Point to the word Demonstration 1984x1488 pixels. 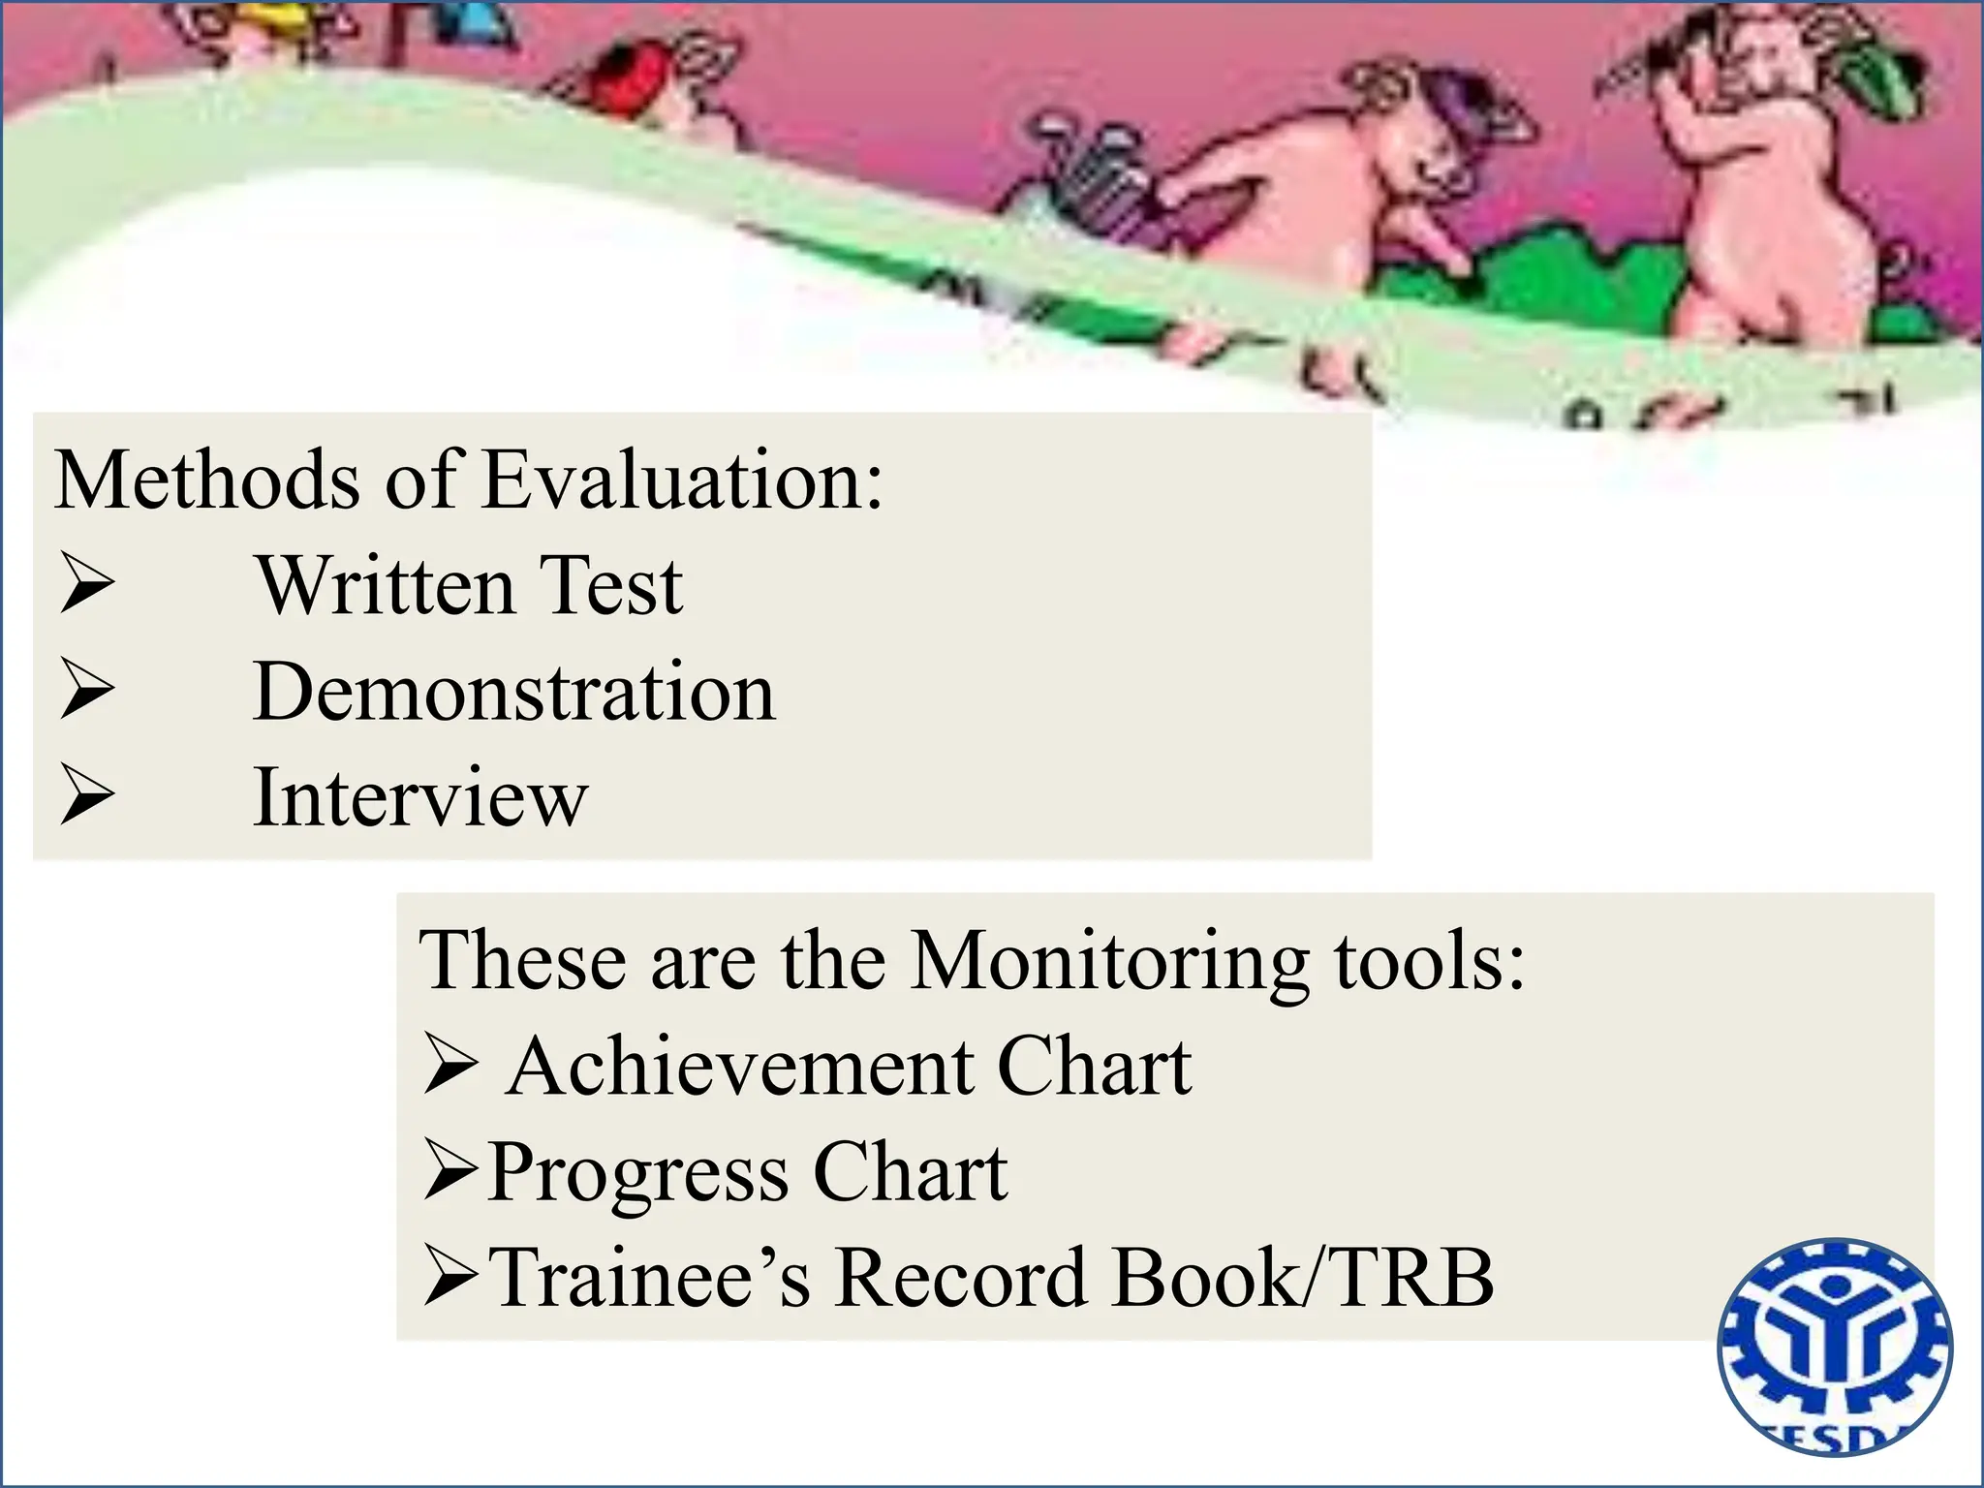[x=513, y=692]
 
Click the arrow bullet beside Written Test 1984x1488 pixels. [x=86, y=583]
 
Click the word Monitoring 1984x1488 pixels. [x=1110, y=961]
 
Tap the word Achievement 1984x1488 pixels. [x=740, y=1067]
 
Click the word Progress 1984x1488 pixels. [x=638, y=1173]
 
